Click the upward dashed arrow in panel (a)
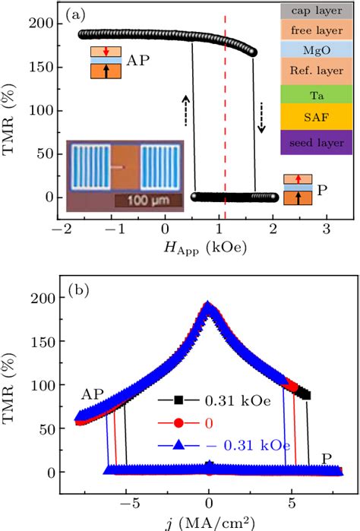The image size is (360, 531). pos(186,111)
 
